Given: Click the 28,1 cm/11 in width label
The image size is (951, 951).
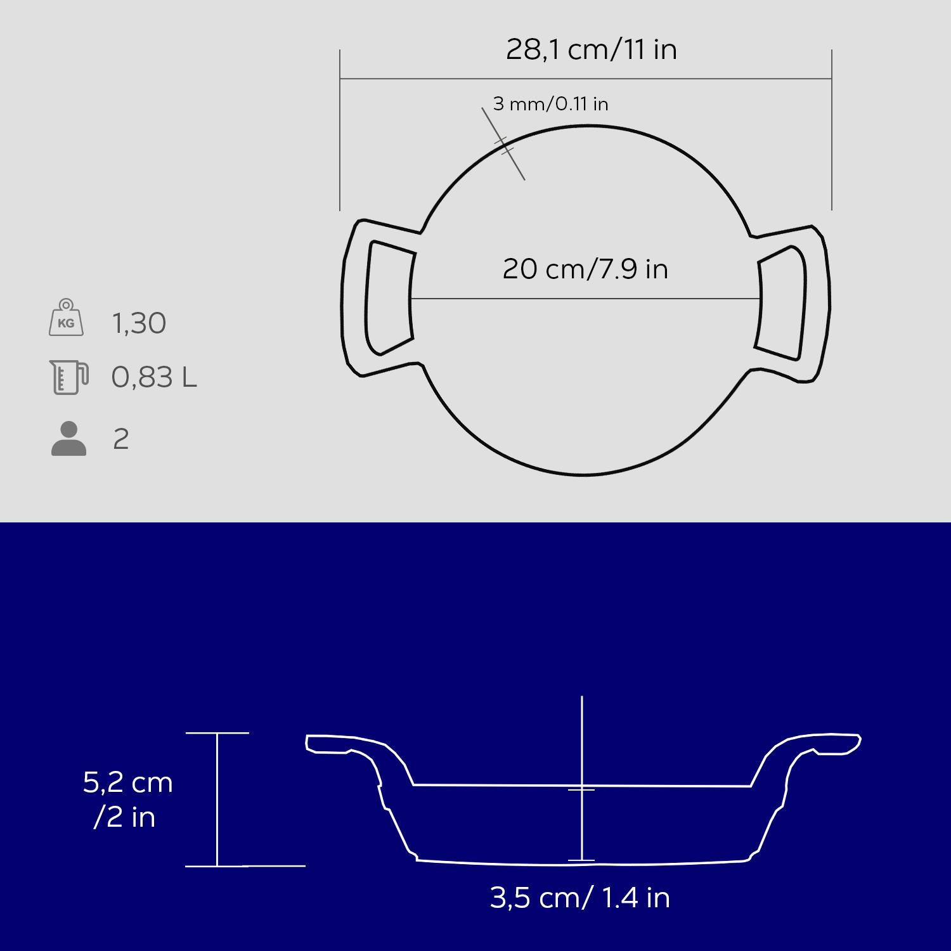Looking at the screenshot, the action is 591,49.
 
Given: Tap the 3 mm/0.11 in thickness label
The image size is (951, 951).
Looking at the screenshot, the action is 550,103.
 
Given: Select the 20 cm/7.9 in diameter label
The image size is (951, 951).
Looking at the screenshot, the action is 585,269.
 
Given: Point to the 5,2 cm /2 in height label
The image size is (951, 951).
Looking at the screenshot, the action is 128,799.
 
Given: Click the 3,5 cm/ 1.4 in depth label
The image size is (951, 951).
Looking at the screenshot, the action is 580,898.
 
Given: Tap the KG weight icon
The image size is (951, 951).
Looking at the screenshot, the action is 66,318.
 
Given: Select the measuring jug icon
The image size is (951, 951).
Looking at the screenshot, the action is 69,377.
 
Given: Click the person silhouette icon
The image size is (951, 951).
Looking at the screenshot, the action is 68,438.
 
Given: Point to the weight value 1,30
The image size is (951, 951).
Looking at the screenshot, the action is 139,323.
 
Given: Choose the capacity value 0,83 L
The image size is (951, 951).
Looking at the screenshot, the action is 154,377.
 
